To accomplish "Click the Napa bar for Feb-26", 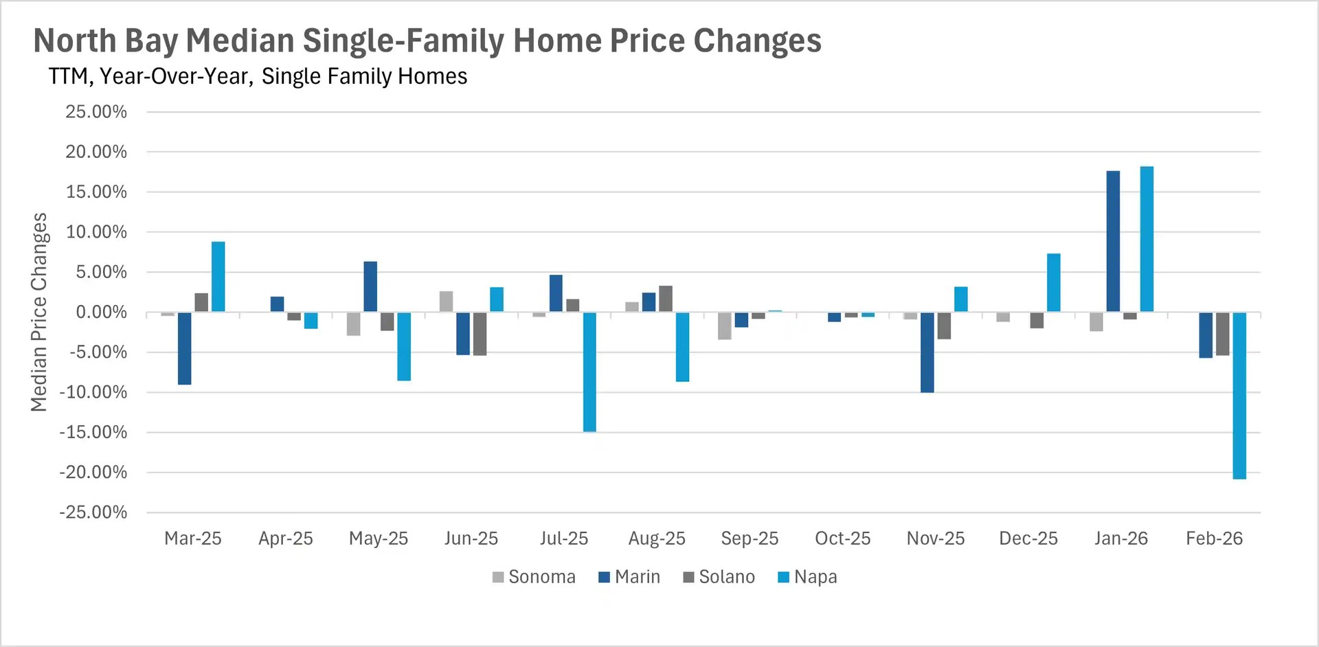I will pos(1239,396).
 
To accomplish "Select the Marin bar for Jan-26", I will pos(1113,241).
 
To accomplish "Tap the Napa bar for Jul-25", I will pos(589,372).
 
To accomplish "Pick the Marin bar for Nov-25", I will pos(927,352).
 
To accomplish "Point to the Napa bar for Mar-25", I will pos(218,277).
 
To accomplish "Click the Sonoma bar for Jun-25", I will pos(446,302).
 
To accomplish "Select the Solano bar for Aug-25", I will pos(665,299).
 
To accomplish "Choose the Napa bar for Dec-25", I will pos(1053,283).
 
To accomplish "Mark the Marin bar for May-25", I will pos(370,286).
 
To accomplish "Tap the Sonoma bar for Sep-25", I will pos(724,326).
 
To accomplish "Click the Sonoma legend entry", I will pos(534,577).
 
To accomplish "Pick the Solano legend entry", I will pos(719,577).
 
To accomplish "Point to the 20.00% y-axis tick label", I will pos(96,152).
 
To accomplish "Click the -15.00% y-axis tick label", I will pos(93,432).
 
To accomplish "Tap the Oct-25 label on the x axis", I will pos(842,538).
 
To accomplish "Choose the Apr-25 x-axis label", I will pos(285,538).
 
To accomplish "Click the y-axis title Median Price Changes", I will pos(39,312).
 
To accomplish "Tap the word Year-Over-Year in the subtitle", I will pos(176,76).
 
